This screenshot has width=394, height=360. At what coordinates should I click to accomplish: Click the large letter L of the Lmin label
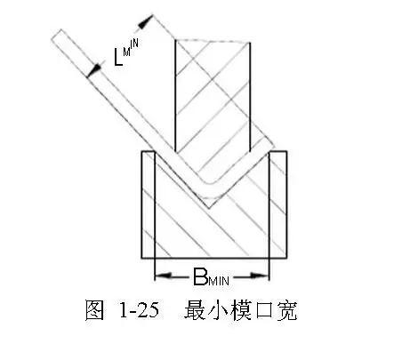coord(118,57)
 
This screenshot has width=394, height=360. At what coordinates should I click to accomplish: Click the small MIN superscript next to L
coord(131,47)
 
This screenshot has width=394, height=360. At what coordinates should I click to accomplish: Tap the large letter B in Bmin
coord(200,276)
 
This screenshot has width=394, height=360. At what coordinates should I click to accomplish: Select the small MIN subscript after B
coord(219,280)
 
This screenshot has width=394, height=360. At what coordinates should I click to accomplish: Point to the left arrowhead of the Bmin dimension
coord(163,276)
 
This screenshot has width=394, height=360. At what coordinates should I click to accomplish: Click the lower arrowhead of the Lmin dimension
coord(94,70)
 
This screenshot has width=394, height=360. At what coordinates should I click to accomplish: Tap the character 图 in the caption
coord(95,310)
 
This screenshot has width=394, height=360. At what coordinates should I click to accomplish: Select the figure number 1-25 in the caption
coord(139,310)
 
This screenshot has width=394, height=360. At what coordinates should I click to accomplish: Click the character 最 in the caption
coord(195,310)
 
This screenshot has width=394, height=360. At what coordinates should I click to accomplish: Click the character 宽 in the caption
coord(286,310)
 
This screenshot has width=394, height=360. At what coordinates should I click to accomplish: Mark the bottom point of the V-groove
coord(209,208)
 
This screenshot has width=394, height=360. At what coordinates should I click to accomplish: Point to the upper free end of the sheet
coord(57,35)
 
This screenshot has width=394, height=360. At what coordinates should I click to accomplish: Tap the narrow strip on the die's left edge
coord(149,204)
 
